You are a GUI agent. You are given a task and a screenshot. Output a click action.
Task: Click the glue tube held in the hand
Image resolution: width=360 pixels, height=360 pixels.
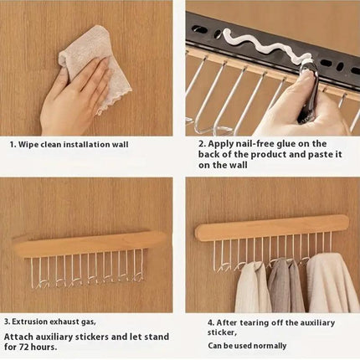pyautogui.click(x=308, y=90)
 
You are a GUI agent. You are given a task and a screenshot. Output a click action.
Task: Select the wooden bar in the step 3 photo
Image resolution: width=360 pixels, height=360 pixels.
pyautogui.click(x=90, y=244)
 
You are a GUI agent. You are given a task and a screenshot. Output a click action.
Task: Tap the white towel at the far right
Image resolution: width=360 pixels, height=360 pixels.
pyautogui.click(x=332, y=282)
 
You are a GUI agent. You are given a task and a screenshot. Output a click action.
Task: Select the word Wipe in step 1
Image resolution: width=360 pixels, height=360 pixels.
pyautogui.click(x=28, y=145)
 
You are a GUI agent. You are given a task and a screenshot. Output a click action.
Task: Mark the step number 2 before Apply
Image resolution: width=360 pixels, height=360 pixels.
pyautogui.click(x=202, y=144)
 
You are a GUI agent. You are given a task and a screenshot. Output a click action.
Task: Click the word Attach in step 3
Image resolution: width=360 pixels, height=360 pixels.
pyautogui.click(x=17, y=337)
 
